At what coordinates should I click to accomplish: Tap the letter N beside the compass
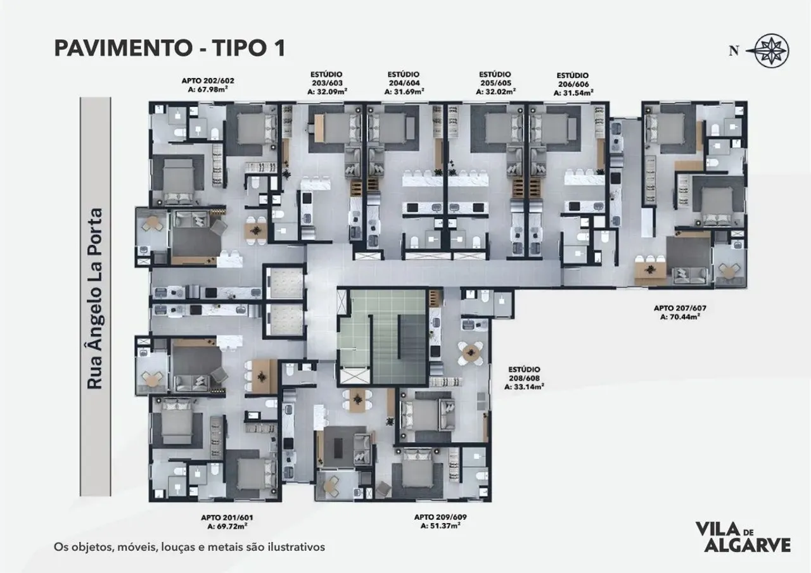coord(734,51)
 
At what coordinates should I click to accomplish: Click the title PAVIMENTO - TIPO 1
coord(169,48)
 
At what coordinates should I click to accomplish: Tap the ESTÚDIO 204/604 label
coord(404,82)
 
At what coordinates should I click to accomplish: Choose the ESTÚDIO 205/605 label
coord(495,82)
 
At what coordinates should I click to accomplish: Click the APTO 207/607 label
coord(679,308)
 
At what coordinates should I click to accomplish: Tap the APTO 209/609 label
coord(437,517)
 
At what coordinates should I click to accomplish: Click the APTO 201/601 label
coord(227,517)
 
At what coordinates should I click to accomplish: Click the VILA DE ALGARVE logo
coord(743,537)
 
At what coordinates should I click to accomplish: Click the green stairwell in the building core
coord(371,336)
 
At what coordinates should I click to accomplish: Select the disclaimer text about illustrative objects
coord(189,546)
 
